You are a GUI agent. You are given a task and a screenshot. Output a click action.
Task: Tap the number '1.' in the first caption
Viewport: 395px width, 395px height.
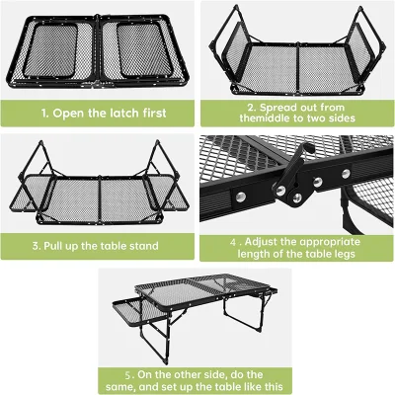(x=45, y=114)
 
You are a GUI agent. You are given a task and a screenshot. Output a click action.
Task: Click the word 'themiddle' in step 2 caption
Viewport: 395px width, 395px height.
(x=265, y=118)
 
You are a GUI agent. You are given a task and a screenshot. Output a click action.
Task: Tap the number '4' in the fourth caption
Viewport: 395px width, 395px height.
(x=233, y=242)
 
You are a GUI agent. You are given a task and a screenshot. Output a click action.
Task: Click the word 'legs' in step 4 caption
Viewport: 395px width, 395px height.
(x=344, y=255)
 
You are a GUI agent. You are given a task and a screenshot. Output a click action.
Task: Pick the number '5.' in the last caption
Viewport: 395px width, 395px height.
(x=129, y=375)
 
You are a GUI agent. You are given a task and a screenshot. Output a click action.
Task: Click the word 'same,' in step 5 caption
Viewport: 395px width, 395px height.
(x=120, y=386)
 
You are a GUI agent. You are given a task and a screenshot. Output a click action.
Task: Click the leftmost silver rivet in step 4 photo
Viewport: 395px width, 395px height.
(x=240, y=197)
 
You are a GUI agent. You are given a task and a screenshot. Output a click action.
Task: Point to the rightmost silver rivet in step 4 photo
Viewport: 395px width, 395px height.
(x=346, y=174)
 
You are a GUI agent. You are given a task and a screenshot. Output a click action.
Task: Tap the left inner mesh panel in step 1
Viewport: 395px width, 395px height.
(x=50, y=50)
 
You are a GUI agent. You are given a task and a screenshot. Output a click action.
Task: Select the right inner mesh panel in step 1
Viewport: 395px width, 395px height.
(x=144, y=50)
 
